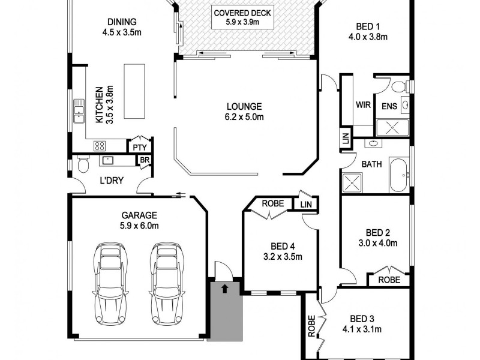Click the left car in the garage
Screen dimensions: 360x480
(111, 282)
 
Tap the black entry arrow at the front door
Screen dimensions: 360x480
(224, 289)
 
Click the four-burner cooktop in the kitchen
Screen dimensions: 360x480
(100, 146)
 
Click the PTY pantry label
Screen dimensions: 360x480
(140, 147)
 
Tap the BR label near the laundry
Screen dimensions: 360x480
(144, 160)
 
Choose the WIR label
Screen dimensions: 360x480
(362, 104)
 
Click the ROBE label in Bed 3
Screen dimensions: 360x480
(311, 326)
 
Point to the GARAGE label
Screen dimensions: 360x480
(139, 215)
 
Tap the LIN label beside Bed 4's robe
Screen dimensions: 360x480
(306, 205)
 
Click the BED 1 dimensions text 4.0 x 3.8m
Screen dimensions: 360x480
(369, 37)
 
